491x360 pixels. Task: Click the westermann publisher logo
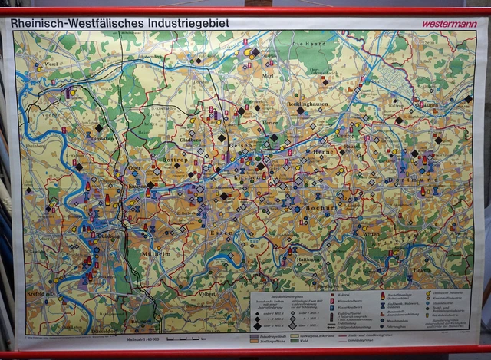tap(449, 24)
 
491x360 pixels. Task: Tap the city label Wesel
tap(52, 64)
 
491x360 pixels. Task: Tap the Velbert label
tap(206, 293)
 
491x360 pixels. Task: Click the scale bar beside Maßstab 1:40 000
tap(184, 338)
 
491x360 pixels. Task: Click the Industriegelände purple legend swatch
tap(253, 335)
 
